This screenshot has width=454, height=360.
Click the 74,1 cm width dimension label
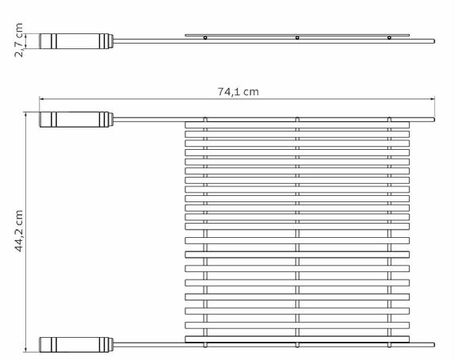(x=238, y=92)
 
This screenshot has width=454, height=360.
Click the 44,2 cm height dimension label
(x=18, y=231)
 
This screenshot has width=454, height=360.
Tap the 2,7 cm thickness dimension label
(x=18, y=40)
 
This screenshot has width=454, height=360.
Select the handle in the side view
(x=76, y=41)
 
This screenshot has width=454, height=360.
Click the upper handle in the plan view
(x=76, y=120)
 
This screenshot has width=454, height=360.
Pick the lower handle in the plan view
(x=76, y=345)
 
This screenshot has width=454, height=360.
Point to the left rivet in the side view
(x=205, y=38)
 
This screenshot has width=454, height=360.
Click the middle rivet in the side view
(x=297, y=38)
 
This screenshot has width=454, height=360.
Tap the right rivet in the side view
(x=389, y=38)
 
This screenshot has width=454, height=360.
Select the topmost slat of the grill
(x=297, y=125)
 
